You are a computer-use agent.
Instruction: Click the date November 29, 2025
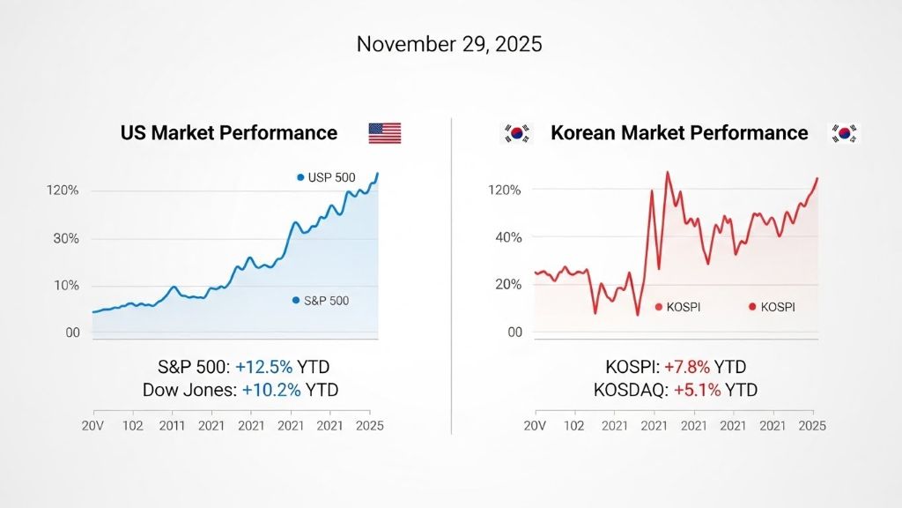pyautogui.click(x=449, y=45)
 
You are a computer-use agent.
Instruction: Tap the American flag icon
pyautogui.click(x=385, y=133)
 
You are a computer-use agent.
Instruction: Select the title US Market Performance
pyautogui.click(x=229, y=133)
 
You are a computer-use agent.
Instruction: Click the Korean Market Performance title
pyautogui.click(x=678, y=133)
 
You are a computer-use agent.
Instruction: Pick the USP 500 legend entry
pyautogui.click(x=327, y=177)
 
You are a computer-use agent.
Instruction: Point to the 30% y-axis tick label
pyautogui.click(x=67, y=238)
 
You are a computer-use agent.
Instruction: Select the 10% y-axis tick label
pyautogui.click(x=67, y=286)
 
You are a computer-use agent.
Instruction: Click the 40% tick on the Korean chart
pyautogui.click(x=507, y=237)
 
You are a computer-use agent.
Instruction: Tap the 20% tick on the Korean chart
pyautogui.click(x=507, y=284)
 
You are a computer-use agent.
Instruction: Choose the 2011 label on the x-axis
pyautogui.click(x=173, y=425)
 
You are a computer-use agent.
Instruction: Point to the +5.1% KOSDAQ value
pyautogui.click(x=698, y=390)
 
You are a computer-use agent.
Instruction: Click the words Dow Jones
pyautogui.click(x=183, y=390)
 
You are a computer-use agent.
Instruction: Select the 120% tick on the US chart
pyautogui.click(x=63, y=190)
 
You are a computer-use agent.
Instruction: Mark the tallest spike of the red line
pyautogui.click(x=667, y=173)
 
